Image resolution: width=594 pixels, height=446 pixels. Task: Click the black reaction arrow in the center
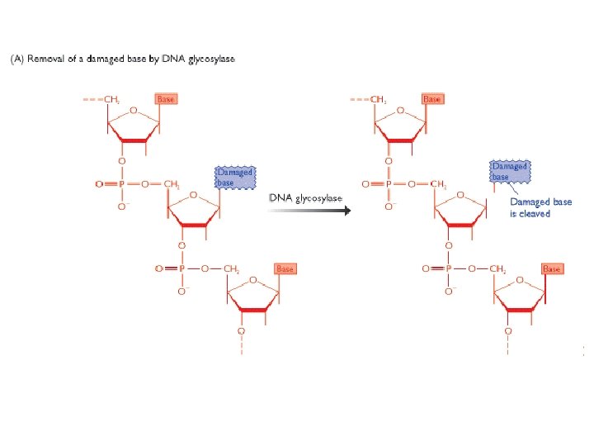[x=309, y=210]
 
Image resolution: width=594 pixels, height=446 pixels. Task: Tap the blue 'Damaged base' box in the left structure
[x=234, y=177]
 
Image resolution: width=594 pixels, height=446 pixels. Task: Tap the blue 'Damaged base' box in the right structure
[x=509, y=171]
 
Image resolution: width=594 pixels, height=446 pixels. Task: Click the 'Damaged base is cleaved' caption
[x=540, y=207]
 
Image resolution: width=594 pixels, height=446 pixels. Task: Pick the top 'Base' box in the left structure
[x=166, y=99]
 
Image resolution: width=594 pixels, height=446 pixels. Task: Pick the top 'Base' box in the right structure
[x=431, y=99]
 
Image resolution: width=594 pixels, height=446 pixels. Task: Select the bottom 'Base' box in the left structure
[x=285, y=268]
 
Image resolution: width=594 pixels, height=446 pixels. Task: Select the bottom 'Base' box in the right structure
[x=551, y=268]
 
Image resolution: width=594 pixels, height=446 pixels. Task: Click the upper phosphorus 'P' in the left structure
[x=121, y=184]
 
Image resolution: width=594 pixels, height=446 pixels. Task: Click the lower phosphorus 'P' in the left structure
[x=181, y=268]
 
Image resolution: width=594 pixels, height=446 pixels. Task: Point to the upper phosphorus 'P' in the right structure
[x=388, y=184]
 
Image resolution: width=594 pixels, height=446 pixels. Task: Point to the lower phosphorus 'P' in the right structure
[x=448, y=268]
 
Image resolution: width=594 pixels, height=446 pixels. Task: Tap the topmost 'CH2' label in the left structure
[x=113, y=100]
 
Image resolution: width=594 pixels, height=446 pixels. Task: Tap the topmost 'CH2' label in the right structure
[x=379, y=100]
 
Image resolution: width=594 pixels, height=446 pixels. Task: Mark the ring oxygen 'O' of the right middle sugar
[x=460, y=196]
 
